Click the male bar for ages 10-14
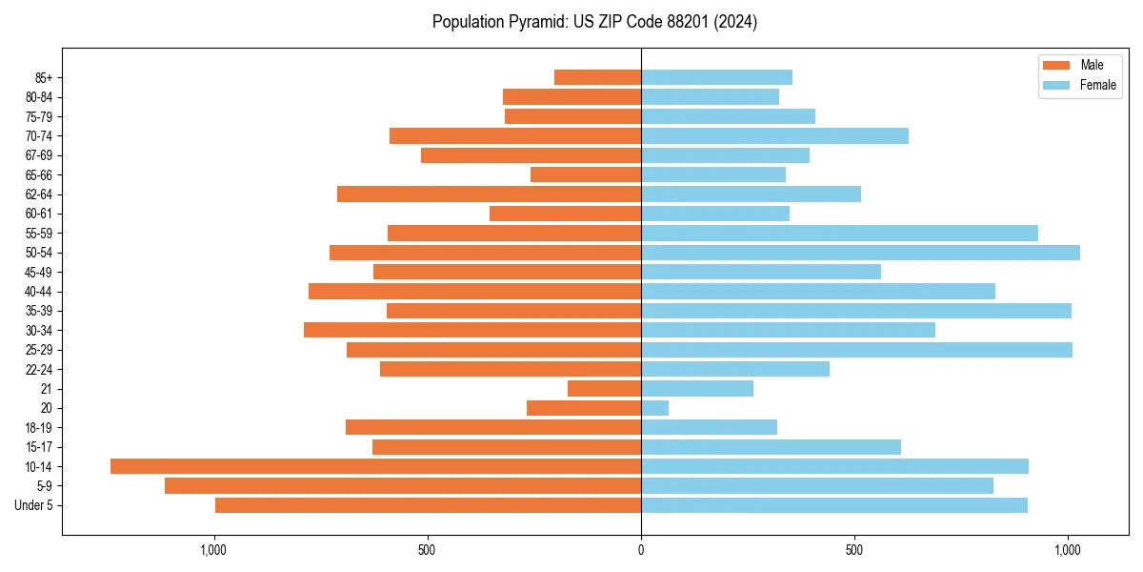375,466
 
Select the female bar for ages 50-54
860,253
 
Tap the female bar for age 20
654,408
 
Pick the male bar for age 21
604,388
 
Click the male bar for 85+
597,77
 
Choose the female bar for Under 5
833,505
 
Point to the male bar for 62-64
489,194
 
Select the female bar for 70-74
774,135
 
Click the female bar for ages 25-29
856,350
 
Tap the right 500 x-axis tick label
854,551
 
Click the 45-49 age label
39,272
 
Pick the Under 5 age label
33,505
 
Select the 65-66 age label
39,174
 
